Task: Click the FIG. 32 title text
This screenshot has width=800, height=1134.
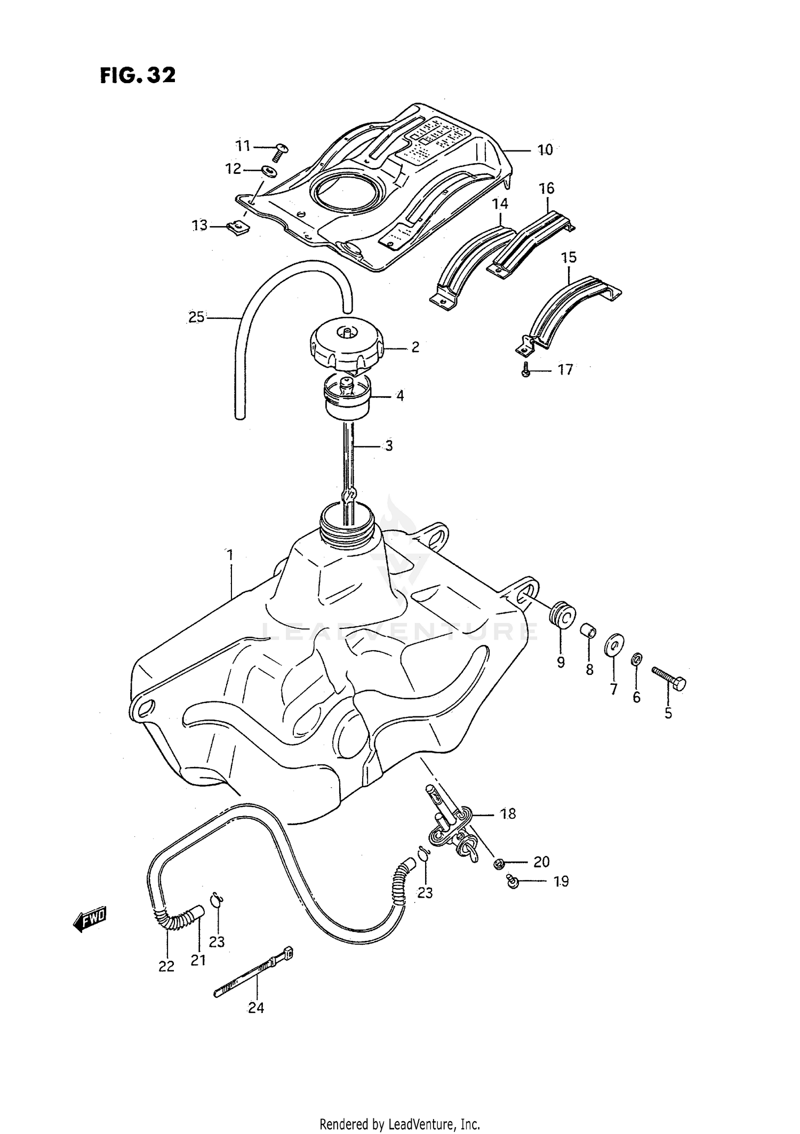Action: [137, 75]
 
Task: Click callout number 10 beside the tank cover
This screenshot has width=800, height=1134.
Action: [545, 150]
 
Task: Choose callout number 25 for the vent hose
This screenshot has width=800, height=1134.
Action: [196, 317]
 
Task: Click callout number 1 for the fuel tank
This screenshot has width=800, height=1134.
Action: [230, 555]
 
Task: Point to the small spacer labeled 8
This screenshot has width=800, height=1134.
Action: [588, 630]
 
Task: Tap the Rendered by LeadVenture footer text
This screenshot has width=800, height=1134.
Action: [399, 1124]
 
